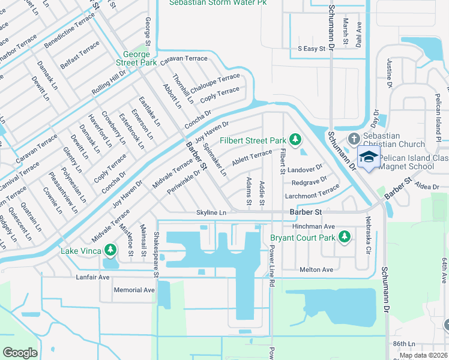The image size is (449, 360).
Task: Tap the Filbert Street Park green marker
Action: (295, 140)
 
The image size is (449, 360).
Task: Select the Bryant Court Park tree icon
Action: (345, 238)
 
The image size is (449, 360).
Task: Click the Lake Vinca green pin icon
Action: (110, 250)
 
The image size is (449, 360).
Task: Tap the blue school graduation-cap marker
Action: (367, 158)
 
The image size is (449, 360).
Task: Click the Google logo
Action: (20, 352)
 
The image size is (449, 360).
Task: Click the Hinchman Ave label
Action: (312, 226)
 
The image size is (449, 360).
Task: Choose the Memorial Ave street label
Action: (134, 290)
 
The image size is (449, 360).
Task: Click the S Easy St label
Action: (311, 48)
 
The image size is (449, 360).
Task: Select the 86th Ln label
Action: (403, 344)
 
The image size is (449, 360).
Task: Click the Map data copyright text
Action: (423, 355)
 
